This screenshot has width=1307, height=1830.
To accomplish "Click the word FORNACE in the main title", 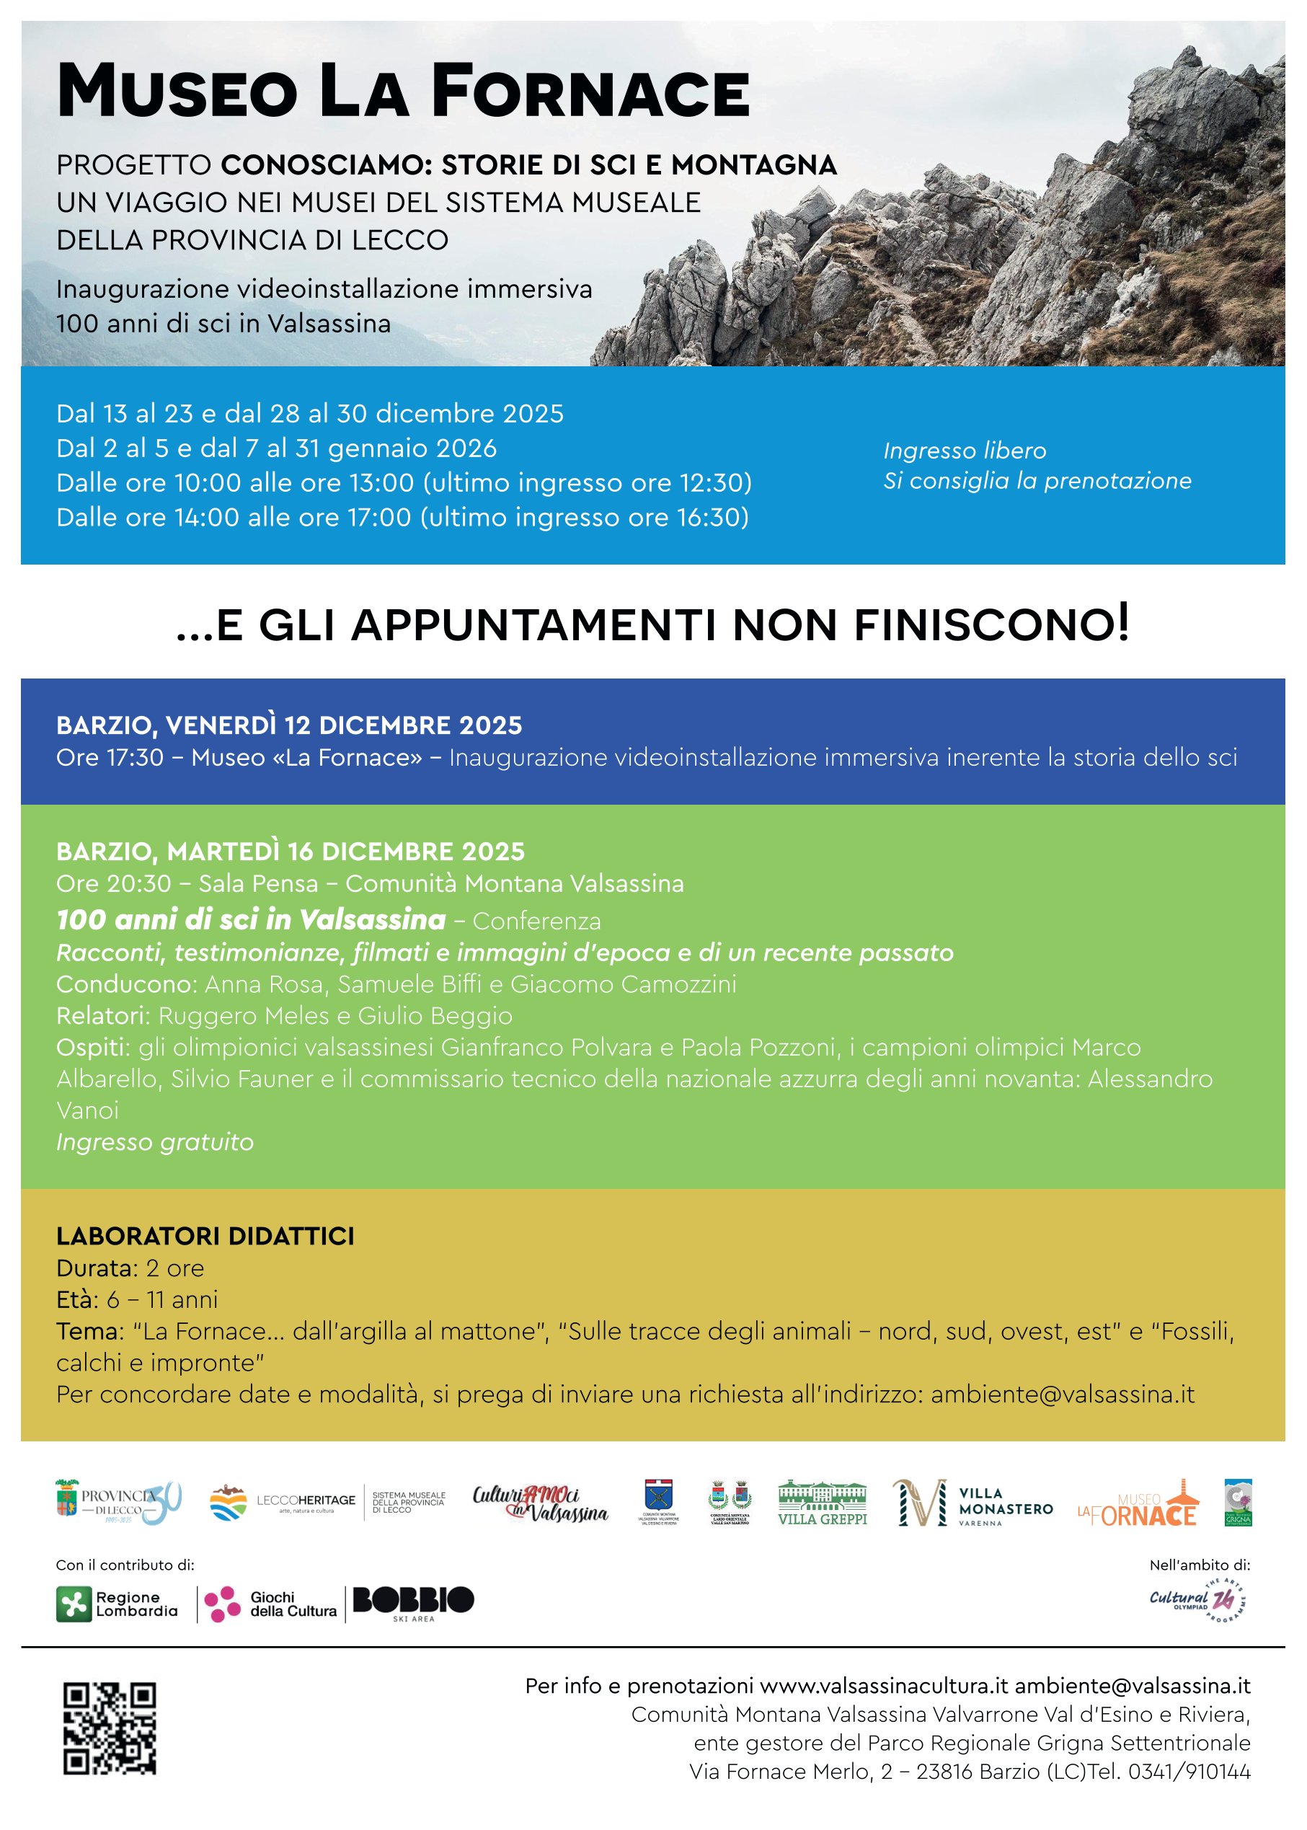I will [590, 92].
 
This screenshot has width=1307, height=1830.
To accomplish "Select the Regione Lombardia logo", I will [117, 1604].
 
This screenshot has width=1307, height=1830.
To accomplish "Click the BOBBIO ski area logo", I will [413, 1602].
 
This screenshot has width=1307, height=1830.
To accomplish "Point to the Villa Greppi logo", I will [822, 1503].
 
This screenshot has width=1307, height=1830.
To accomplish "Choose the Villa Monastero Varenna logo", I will [973, 1503].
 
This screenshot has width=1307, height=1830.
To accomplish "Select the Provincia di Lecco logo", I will [118, 1503].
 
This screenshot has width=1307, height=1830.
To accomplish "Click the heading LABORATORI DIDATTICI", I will [205, 1236].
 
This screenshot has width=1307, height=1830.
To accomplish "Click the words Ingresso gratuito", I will [154, 1142].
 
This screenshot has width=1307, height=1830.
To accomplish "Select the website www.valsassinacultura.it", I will [884, 1686].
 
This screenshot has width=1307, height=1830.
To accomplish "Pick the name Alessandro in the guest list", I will [1150, 1079].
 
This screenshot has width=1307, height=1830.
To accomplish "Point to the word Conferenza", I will [537, 921].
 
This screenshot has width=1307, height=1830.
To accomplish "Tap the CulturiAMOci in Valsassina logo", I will [540, 1503].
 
